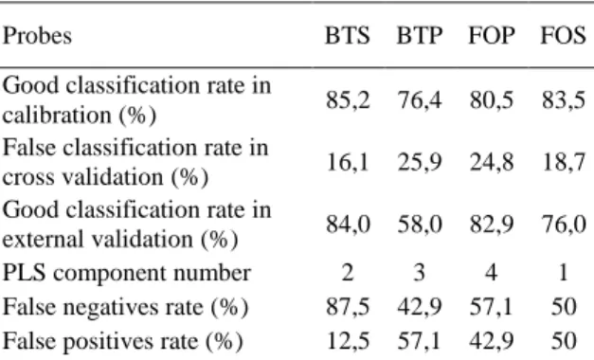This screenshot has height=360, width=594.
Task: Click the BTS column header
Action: (348, 36)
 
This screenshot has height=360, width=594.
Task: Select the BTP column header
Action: (420, 36)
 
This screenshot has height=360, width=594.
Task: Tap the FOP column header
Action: (492, 36)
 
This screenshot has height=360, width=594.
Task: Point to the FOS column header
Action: (563, 36)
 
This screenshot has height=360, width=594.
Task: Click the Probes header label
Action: (37, 36)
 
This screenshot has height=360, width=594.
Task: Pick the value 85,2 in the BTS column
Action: (348, 100)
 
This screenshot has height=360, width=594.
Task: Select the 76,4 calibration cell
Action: (420, 100)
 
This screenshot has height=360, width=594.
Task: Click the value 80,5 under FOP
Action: (492, 100)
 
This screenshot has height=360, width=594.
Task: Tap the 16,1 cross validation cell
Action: (348, 162)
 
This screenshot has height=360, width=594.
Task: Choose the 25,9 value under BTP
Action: (420, 162)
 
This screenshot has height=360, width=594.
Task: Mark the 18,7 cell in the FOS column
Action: (564, 162)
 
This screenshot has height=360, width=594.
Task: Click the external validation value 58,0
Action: (420, 225)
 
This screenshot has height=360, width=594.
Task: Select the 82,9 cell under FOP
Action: (492, 225)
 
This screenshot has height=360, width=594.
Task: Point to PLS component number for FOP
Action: (492, 273)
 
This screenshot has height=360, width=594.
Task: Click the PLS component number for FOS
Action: (564, 273)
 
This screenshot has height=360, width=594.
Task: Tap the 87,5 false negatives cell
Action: (348, 307)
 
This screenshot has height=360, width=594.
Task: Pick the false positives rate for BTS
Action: (348, 341)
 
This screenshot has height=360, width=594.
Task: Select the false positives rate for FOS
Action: (564, 341)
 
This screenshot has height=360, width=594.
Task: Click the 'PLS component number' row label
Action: (127, 273)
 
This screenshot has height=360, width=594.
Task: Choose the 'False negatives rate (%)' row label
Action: (125, 307)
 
